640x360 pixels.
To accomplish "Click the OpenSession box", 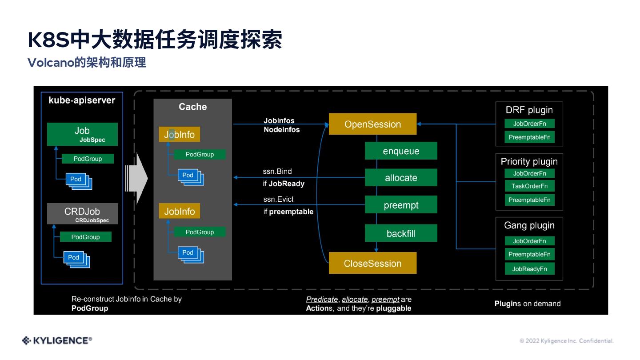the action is [x=372, y=124].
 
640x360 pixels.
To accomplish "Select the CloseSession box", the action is [x=372, y=263].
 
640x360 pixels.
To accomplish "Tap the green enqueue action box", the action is [x=401, y=151].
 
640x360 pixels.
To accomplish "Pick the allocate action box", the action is [x=401, y=177].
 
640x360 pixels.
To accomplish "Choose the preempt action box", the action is [x=401, y=204].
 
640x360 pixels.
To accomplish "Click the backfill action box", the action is [x=401, y=233].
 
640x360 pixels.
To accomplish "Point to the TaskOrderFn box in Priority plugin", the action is [x=529, y=186].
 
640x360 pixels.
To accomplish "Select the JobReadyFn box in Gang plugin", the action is [x=529, y=269].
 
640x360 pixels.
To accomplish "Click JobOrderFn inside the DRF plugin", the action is [x=529, y=124].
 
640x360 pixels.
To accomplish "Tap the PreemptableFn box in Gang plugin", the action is [x=529, y=254].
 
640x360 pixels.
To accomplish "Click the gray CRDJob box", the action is [x=82, y=214].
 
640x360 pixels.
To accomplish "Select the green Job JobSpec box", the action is [x=82, y=134].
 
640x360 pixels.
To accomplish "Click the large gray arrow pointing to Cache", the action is [x=136, y=179].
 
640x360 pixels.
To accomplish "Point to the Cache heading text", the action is [x=192, y=107].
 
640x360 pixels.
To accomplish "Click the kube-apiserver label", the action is [x=82, y=100].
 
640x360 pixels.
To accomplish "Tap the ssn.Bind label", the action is [x=277, y=171].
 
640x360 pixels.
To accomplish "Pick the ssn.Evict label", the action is [x=278, y=199].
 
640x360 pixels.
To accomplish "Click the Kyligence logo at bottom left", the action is [x=57, y=340].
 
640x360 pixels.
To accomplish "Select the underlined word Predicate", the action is [x=322, y=299].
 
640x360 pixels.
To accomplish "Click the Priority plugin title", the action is [x=529, y=162].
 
